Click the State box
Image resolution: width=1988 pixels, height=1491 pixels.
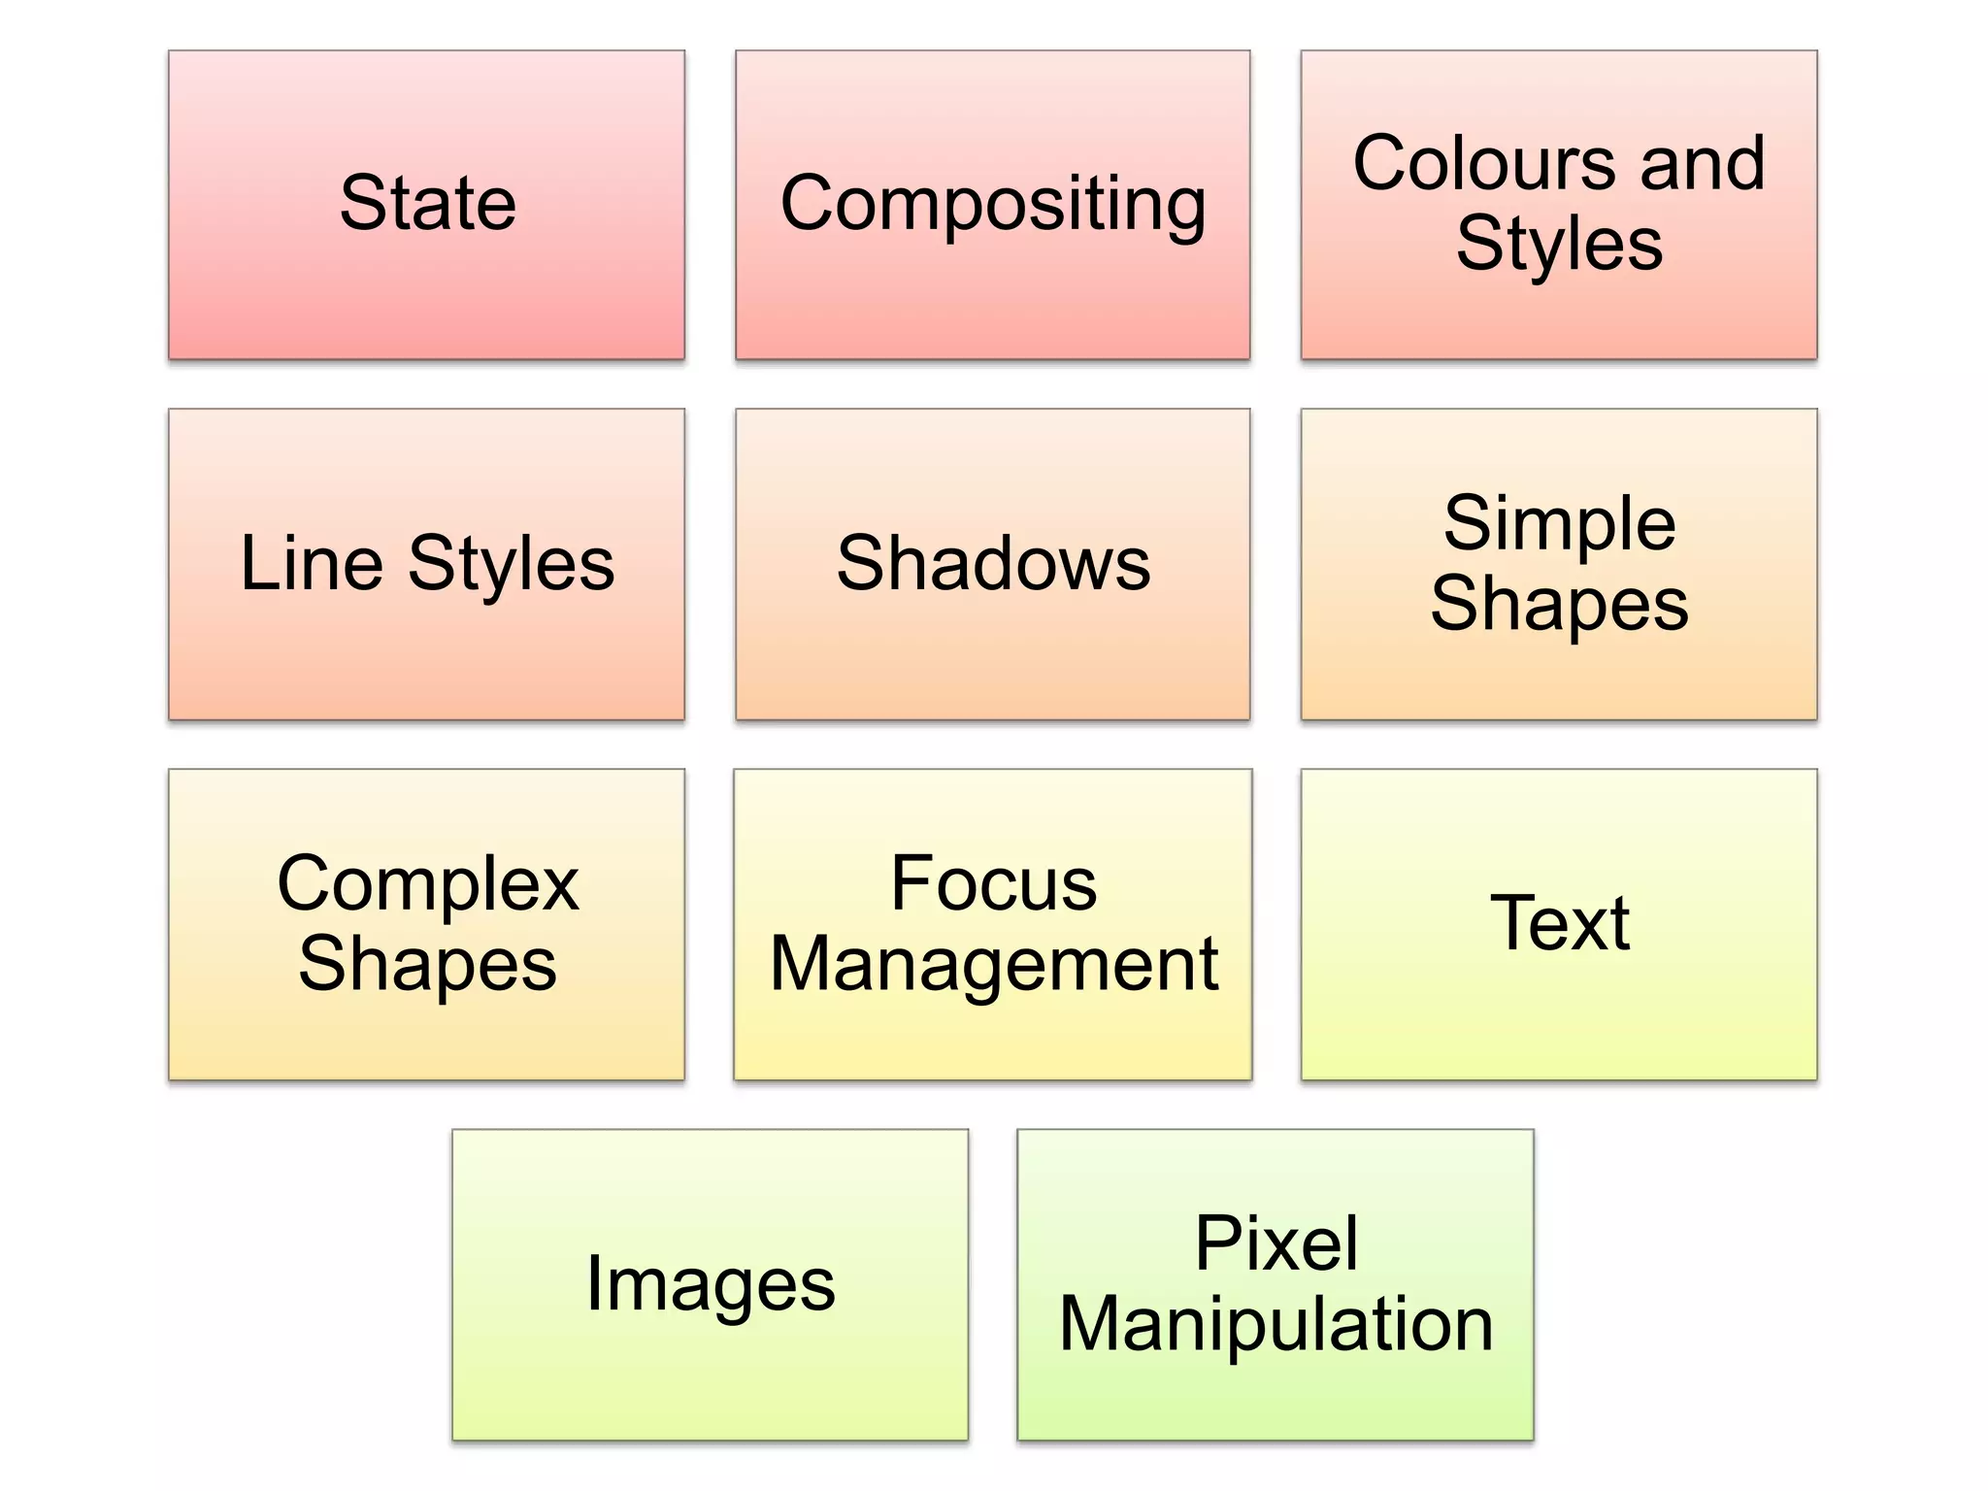tap(426, 205)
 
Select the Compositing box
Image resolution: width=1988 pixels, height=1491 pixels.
tap(992, 205)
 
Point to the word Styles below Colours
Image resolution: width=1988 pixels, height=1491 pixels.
tap(1559, 244)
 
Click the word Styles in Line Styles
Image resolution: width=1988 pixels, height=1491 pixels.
tap(511, 565)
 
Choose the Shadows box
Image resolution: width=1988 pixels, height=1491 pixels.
tap(992, 564)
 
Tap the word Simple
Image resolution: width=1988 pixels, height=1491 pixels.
tap(1559, 524)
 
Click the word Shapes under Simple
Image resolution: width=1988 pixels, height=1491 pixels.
tap(1559, 605)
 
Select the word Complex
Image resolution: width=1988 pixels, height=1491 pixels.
tap(427, 884)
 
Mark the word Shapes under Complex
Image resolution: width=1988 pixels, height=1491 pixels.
tap(427, 965)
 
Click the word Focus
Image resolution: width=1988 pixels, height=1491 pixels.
tap(993, 883)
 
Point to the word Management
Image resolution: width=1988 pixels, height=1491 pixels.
tap(993, 965)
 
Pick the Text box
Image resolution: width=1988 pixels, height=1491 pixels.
tap(1559, 924)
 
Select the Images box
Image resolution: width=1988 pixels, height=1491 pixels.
tap(710, 1284)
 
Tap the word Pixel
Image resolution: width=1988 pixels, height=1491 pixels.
tap(1276, 1243)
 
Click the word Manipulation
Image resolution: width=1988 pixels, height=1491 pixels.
tap(1276, 1324)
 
